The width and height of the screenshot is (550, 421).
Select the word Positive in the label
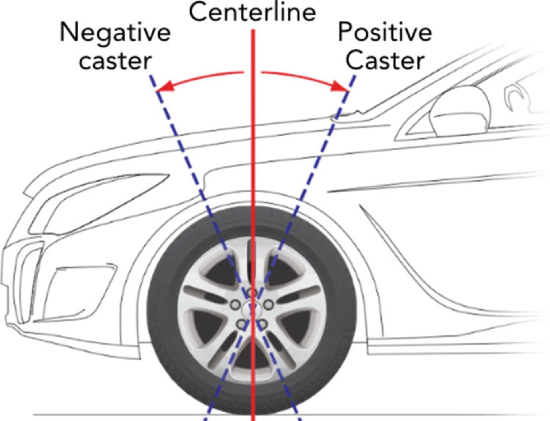coord(385,32)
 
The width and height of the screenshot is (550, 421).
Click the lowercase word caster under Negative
coord(115,61)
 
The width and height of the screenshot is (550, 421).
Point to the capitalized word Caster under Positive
coord(385,61)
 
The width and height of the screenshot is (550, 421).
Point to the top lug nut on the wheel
coord(252,293)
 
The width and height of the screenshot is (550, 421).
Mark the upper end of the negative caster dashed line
coord(150,76)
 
